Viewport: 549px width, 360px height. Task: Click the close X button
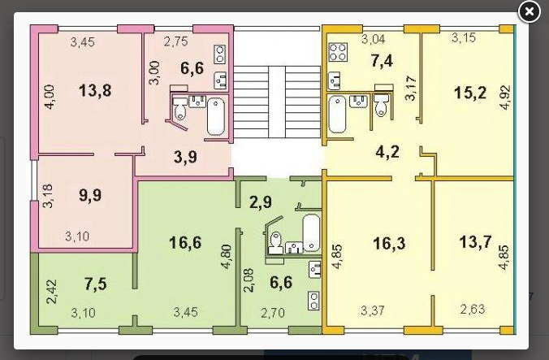[x=529, y=12]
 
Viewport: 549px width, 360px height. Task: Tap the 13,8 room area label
[x=95, y=91]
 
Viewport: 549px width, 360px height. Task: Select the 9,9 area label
[x=90, y=195]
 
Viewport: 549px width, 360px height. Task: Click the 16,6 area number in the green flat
[x=185, y=242]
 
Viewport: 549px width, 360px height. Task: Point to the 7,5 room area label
[x=96, y=284]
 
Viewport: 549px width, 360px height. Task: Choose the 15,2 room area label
[x=470, y=93]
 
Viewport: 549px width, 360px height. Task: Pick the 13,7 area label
[x=475, y=242]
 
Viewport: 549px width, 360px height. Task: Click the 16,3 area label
[x=389, y=243]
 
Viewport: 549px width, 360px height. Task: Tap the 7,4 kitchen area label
[x=382, y=61]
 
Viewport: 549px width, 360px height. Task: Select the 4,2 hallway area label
[x=387, y=152]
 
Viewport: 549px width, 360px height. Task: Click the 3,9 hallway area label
[x=185, y=157]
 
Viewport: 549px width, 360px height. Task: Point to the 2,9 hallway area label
[x=261, y=202]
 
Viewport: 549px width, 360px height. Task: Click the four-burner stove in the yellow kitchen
[x=338, y=52]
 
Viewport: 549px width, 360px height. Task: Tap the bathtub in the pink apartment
[x=216, y=116]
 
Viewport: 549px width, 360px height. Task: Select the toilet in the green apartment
[x=276, y=241]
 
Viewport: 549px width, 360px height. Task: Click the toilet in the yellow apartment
[x=381, y=104]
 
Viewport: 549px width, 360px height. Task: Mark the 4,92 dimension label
[x=505, y=98]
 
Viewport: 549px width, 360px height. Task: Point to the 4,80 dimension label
[x=227, y=256]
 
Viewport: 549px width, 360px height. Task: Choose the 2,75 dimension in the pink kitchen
[x=175, y=41]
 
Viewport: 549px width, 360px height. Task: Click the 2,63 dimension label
[x=473, y=309]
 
